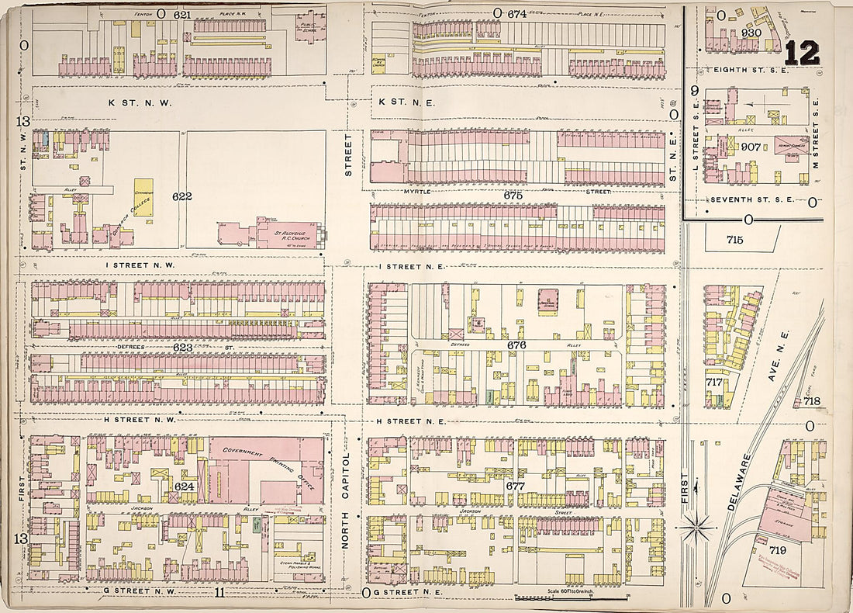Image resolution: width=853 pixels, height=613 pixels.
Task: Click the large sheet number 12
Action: pyautogui.click(x=801, y=53)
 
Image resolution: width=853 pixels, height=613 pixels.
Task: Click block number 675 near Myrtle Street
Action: pyautogui.click(x=513, y=196)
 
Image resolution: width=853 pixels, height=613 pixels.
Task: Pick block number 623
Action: pyautogui.click(x=182, y=347)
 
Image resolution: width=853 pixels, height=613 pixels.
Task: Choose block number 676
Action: pyautogui.click(x=517, y=344)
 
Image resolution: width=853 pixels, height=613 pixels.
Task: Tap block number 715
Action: pyautogui.click(x=735, y=239)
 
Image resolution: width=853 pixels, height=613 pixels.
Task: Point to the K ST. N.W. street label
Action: pyautogui.click(x=140, y=102)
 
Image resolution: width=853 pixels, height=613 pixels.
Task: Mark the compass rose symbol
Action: pyautogui.click(x=697, y=529)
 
